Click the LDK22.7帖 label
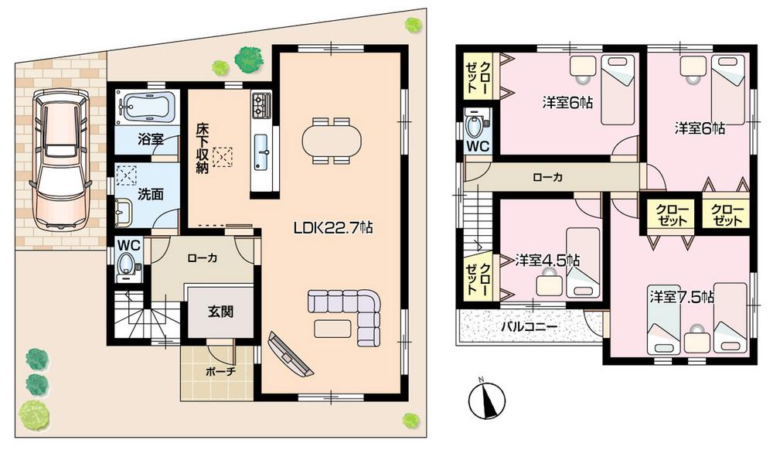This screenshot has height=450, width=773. click(x=333, y=228)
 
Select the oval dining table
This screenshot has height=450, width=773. click(x=331, y=141)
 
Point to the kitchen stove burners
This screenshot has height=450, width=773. click(x=261, y=104)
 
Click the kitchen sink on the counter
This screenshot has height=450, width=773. click(x=261, y=148)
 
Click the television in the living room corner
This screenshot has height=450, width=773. click(x=288, y=353)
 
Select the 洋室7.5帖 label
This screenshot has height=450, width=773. click(x=681, y=296)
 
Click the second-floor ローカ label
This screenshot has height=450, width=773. click(x=547, y=177)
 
